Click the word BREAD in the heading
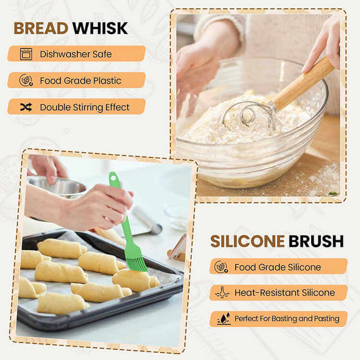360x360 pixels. coord(41,28)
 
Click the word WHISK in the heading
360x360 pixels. coord(100,28)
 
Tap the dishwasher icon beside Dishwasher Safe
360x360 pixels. coord(26,54)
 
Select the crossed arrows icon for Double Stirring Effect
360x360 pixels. coord(26,107)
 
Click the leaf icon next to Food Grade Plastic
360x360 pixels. coord(26,80)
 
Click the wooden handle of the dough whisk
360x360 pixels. coord(303,84)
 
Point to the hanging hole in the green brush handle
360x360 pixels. coord(113,177)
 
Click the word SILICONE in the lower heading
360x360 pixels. coord(247,241)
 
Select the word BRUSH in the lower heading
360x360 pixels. coord(316,241)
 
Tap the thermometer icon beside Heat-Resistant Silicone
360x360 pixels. coord(222,292)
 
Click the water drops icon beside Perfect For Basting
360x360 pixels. coord(224,319)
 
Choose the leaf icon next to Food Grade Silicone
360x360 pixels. coord(221,267)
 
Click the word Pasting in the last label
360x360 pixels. coord(326,319)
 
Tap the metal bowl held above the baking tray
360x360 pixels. coord(58,186)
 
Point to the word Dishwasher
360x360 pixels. coord(65,54)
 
